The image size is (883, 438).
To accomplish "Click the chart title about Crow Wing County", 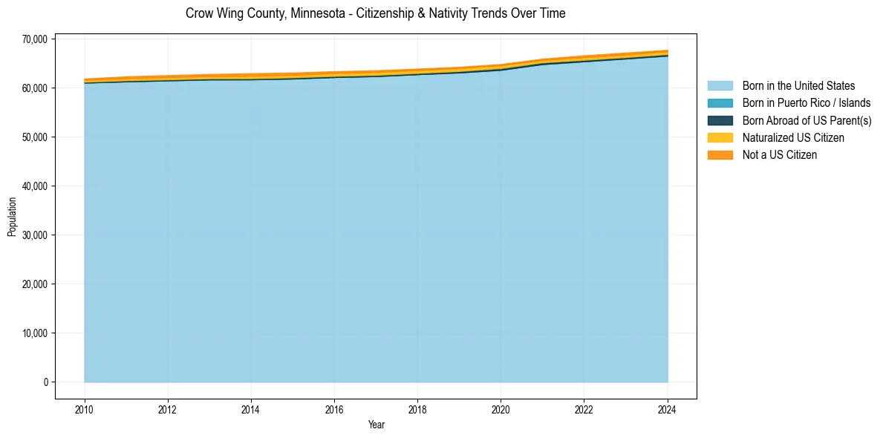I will (375, 13).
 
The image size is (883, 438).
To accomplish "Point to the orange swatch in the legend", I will (720, 154).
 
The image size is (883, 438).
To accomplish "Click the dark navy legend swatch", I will (720, 120).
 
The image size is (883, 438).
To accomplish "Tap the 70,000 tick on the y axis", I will (35, 39).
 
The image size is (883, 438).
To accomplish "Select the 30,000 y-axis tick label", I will (35, 235).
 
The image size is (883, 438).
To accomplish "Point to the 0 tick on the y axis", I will (45, 382).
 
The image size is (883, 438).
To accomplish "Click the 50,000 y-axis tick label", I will (35, 137).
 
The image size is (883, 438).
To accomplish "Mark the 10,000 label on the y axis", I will (35, 333).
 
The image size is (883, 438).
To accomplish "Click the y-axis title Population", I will (12, 217).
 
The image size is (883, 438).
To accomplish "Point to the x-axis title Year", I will (376, 425).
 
